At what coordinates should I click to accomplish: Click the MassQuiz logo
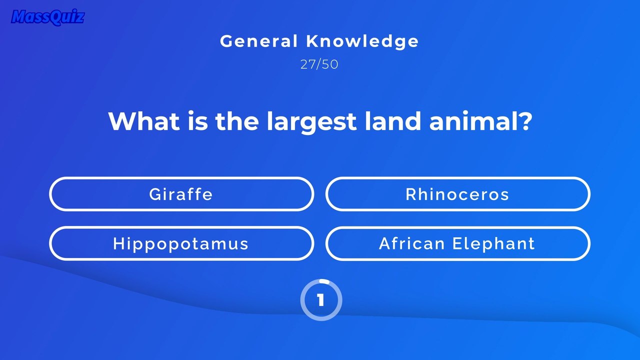(x=47, y=17)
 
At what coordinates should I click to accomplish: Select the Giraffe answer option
(x=181, y=194)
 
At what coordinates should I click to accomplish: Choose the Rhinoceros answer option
(x=457, y=194)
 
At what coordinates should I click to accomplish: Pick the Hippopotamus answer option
(x=181, y=243)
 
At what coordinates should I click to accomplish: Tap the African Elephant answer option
(x=457, y=243)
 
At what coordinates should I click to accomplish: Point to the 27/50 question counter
(x=319, y=64)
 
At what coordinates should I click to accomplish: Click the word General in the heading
(x=259, y=41)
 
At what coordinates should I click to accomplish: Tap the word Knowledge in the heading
(x=362, y=41)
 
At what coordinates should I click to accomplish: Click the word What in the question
(x=144, y=121)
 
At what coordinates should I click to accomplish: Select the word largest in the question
(x=311, y=122)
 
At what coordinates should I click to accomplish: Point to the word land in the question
(x=393, y=120)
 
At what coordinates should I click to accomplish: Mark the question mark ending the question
(x=524, y=121)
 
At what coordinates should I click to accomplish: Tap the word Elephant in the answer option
(x=493, y=244)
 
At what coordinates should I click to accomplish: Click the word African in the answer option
(x=412, y=243)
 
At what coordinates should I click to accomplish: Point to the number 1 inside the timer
(x=320, y=300)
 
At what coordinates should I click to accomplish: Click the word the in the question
(x=237, y=121)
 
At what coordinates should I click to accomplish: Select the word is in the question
(x=197, y=121)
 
